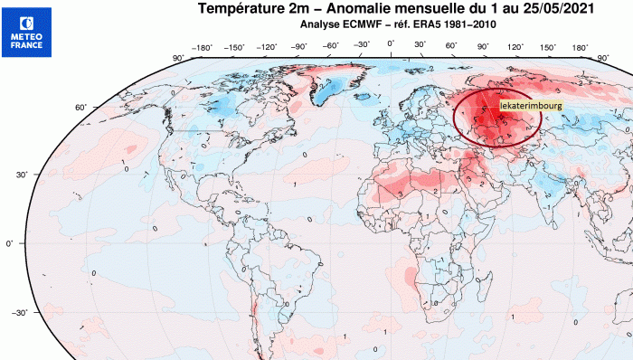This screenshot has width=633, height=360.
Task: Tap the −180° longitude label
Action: coord(201,47)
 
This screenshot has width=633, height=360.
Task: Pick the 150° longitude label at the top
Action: coord(549,47)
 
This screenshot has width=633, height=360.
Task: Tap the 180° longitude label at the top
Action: coord(580,47)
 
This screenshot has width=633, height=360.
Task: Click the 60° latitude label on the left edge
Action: coord(80,108)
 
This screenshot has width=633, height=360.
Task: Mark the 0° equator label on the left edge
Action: coord(11,243)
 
